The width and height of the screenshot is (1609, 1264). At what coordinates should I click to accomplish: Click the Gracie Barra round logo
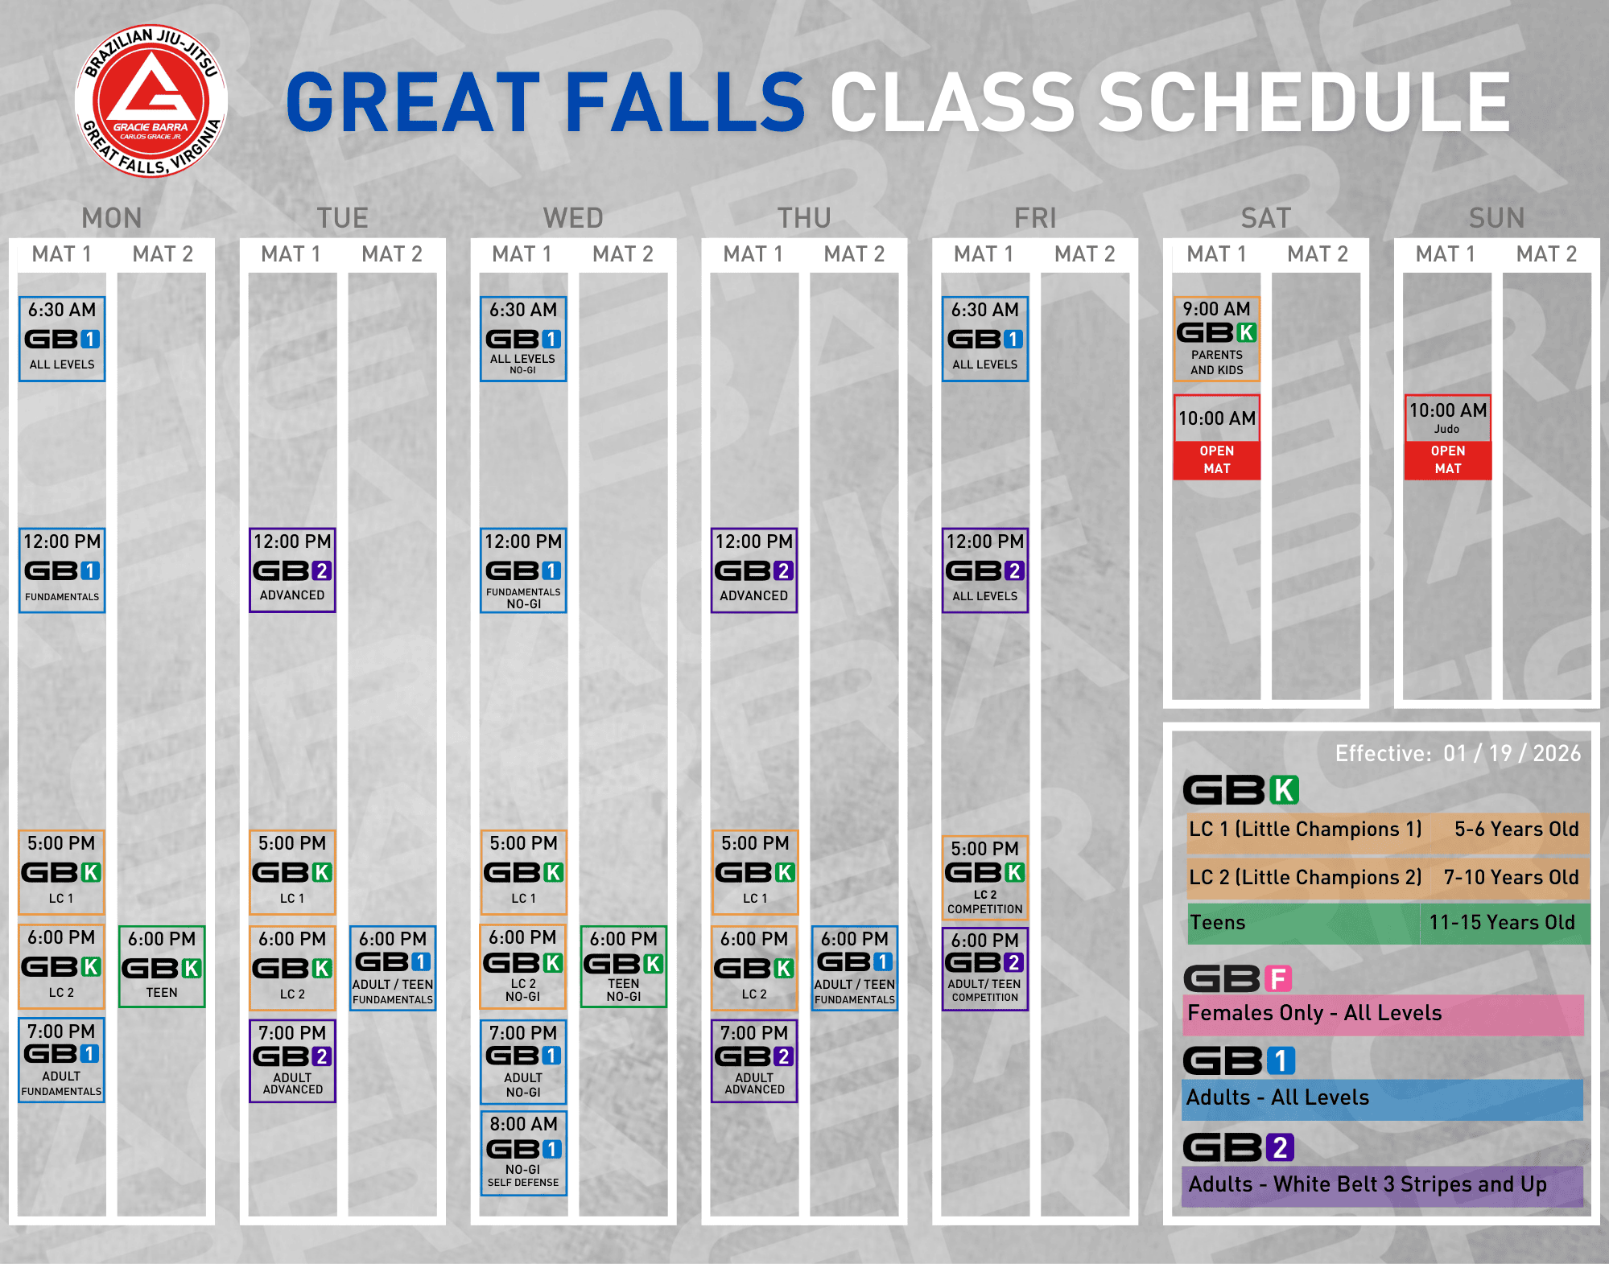pyautogui.click(x=151, y=101)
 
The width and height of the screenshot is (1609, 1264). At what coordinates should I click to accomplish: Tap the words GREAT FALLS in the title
pyautogui.click(x=546, y=102)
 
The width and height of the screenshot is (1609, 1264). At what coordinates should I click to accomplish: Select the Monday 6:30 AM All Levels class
pyautogui.click(x=62, y=339)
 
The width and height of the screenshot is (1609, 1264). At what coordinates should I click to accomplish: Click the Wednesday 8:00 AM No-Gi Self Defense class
pyautogui.click(x=523, y=1153)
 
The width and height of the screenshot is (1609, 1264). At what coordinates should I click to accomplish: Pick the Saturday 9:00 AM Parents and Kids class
pyautogui.click(x=1216, y=339)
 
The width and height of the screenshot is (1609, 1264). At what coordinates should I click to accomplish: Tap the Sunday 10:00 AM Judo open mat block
pyautogui.click(x=1448, y=437)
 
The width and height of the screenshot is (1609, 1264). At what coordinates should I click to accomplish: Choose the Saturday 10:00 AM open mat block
pyautogui.click(x=1216, y=437)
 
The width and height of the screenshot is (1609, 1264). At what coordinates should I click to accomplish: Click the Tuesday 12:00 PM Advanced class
pyautogui.click(x=292, y=570)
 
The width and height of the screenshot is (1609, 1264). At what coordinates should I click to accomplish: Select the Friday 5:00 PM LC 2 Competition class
pyautogui.click(x=985, y=878)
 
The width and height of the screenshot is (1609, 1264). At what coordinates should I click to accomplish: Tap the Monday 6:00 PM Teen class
pyautogui.click(x=162, y=966)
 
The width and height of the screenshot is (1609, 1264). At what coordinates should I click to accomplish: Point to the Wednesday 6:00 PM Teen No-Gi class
pyautogui.click(x=624, y=966)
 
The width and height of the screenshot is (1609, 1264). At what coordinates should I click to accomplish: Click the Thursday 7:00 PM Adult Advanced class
pyautogui.click(x=754, y=1060)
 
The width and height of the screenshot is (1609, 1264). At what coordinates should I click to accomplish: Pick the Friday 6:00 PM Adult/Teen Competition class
pyautogui.click(x=985, y=969)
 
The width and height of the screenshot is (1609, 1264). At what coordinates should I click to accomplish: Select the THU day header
pyautogui.click(x=804, y=218)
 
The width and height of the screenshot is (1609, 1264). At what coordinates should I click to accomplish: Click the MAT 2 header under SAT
pyautogui.click(x=1318, y=254)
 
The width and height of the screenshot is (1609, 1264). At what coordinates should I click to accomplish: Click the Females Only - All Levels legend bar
pyautogui.click(x=1383, y=1014)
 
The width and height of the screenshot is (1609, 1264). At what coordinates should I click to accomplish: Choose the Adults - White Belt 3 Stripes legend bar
pyautogui.click(x=1383, y=1185)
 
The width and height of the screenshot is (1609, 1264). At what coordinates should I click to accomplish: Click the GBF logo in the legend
pyautogui.click(x=1238, y=978)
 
